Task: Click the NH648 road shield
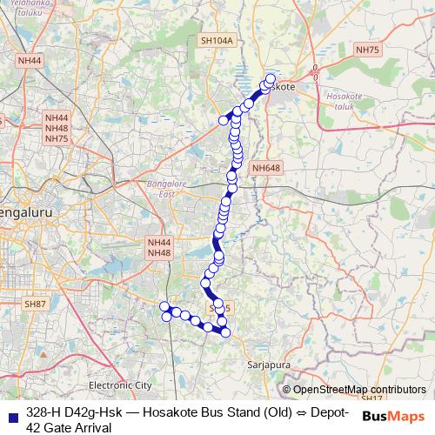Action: [265, 168]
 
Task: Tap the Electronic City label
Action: [120, 385]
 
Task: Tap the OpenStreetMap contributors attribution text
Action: [359, 390]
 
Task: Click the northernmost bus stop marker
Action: [271, 79]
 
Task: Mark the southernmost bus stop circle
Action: [225, 332]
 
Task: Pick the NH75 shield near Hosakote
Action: [368, 51]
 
